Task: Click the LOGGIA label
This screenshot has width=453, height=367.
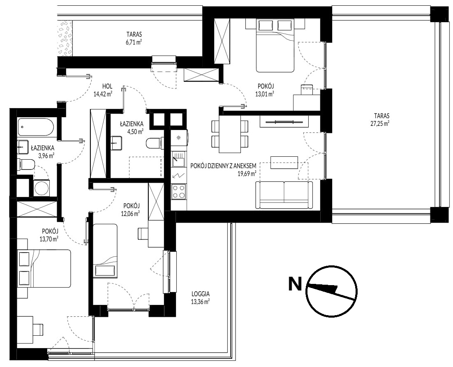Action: click(201, 294)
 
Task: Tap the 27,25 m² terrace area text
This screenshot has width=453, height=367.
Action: click(381, 123)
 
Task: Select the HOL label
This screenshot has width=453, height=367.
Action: click(107, 86)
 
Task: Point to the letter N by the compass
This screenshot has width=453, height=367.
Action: click(295, 284)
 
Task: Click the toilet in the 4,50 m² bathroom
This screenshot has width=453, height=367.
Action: click(153, 144)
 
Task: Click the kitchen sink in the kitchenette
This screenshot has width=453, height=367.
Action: click(178, 160)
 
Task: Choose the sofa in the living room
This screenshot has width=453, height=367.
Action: click(284, 195)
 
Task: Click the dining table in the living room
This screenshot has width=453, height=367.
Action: click(230, 134)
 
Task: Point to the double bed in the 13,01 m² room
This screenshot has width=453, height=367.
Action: click(275, 45)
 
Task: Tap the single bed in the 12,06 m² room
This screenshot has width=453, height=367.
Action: click(105, 251)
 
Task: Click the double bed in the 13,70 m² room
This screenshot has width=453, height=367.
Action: click(44, 268)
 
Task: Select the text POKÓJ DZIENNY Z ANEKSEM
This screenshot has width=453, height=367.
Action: click(223, 166)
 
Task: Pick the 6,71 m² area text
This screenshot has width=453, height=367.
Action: click(132, 42)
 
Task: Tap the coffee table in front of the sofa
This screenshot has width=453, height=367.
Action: click(284, 163)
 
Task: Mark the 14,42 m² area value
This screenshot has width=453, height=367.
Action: click(103, 93)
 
